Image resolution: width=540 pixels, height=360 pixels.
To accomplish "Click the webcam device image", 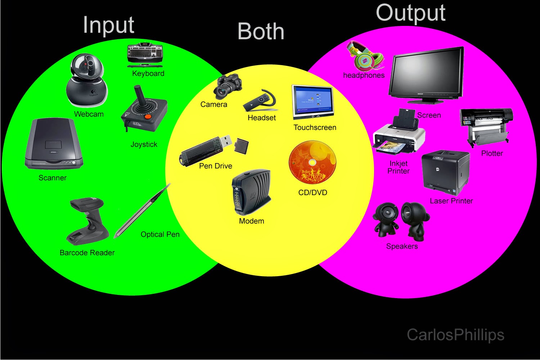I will (x=87, y=81).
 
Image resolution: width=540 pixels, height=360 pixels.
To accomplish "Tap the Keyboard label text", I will (x=148, y=73).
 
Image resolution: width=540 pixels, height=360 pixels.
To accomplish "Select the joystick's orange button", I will (x=148, y=117).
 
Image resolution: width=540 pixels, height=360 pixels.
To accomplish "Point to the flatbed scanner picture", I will (x=53, y=145).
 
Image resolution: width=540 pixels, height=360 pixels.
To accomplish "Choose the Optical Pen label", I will (x=160, y=234).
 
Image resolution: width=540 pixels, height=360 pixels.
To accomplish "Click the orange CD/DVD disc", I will (x=312, y=162).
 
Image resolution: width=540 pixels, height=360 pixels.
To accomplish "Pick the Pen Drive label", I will (x=215, y=166).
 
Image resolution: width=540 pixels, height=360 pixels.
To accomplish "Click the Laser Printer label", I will (x=451, y=201).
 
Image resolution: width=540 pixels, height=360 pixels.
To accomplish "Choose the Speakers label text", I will (x=402, y=246).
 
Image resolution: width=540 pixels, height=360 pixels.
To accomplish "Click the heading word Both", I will (x=261, y=31).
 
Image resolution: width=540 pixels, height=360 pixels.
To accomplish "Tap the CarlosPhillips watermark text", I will (x=455, y=334).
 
